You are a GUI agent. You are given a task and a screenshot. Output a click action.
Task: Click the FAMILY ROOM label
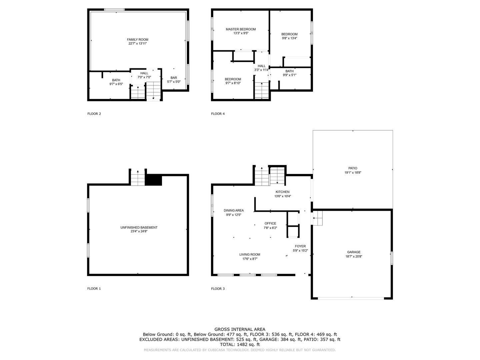(x=137, y=40)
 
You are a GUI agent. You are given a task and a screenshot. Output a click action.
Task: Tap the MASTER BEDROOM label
(x=241, y=29)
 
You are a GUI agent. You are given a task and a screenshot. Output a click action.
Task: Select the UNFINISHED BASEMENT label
(x=139, y=228)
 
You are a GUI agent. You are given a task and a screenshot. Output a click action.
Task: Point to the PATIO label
(x=353, y=168)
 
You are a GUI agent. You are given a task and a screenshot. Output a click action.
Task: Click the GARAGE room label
(x=353, y=252)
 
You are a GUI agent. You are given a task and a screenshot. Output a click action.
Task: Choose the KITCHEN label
(x=282, y=192)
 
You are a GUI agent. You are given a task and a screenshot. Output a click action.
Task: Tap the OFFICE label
(x=270, y=224)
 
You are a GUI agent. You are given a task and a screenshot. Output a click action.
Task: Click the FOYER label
(x=300, y=246)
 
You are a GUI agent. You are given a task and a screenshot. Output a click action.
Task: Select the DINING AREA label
(x=234, y=211)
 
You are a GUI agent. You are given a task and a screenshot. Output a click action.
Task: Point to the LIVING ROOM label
(x=250, y=255)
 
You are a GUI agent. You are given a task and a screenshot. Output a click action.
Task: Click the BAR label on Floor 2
(x=174, y=78)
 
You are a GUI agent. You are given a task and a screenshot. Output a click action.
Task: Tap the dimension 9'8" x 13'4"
(x=289, y=38)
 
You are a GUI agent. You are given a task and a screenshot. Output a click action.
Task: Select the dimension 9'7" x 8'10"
(x=233, y=83)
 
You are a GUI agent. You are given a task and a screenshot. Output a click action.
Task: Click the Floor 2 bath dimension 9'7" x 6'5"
(x=116, y=84)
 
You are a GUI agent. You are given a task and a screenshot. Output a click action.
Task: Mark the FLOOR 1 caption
(x=94, y=289)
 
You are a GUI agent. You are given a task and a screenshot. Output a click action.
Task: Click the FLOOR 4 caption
(x=218, y=114)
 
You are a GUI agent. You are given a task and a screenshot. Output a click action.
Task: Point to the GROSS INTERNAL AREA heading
(x=240, y=329)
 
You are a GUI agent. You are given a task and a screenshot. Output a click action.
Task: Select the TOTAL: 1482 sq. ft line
(x=240, y=344)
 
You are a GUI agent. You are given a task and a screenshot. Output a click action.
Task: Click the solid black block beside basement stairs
(x=154, y=180)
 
